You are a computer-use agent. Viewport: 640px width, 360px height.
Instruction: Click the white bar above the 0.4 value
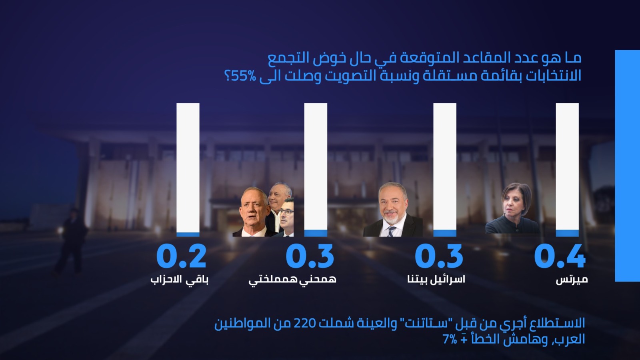click(567, 166)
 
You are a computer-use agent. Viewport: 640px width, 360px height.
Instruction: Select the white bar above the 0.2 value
click(188, 168)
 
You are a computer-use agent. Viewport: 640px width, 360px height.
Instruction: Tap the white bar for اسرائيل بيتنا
click(444, 166)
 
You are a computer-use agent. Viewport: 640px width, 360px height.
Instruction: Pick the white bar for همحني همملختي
click(316, 166)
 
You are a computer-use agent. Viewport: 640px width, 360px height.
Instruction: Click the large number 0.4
click(560, 256)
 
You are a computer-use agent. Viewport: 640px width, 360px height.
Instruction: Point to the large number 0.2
click(182, 256)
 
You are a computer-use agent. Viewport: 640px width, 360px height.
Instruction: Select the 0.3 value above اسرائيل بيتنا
click(439, 256)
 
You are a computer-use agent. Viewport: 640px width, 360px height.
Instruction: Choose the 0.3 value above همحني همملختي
click(310, 256)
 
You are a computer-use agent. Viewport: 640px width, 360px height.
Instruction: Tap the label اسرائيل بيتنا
click(436, 279)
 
